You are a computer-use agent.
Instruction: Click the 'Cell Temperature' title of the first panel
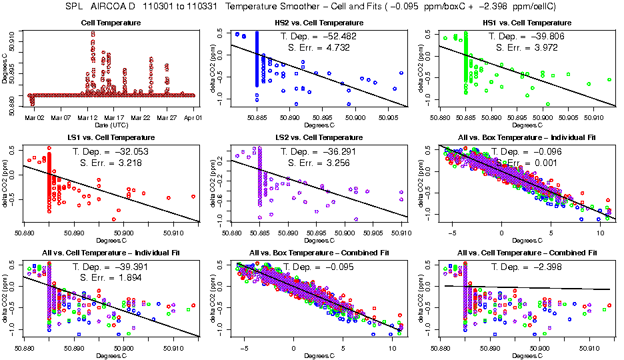(x=111, y=23)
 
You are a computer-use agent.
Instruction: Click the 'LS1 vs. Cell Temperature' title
(x=111, y=138)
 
